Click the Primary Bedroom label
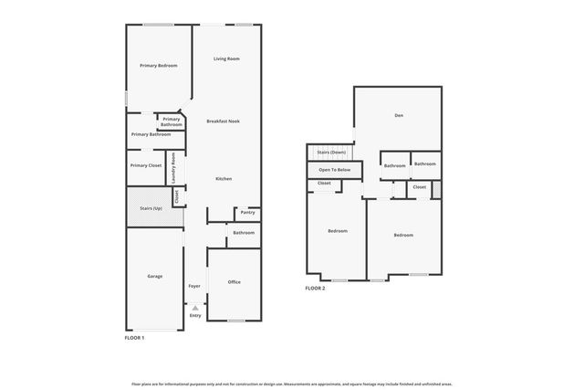tap(158, 66)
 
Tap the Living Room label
tap(226, 58)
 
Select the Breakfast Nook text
tap(223, 121)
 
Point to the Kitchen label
tap(224, 178)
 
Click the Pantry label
tap(247, 213)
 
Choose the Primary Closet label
tap(145, 165)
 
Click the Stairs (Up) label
tap(151, 208)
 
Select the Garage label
tap(155, 275)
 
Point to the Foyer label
tap(194, 286)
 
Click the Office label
tap(234, 282)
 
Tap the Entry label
tap(194, 316)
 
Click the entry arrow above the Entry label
tap(194, 308)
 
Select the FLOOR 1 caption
tap(134, 338)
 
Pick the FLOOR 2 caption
tap(315, 288)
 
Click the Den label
tap(399, 115)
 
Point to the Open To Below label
tap(335, 170)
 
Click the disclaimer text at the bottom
tap(292, 384)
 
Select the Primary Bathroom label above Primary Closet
tap(151, 134)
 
